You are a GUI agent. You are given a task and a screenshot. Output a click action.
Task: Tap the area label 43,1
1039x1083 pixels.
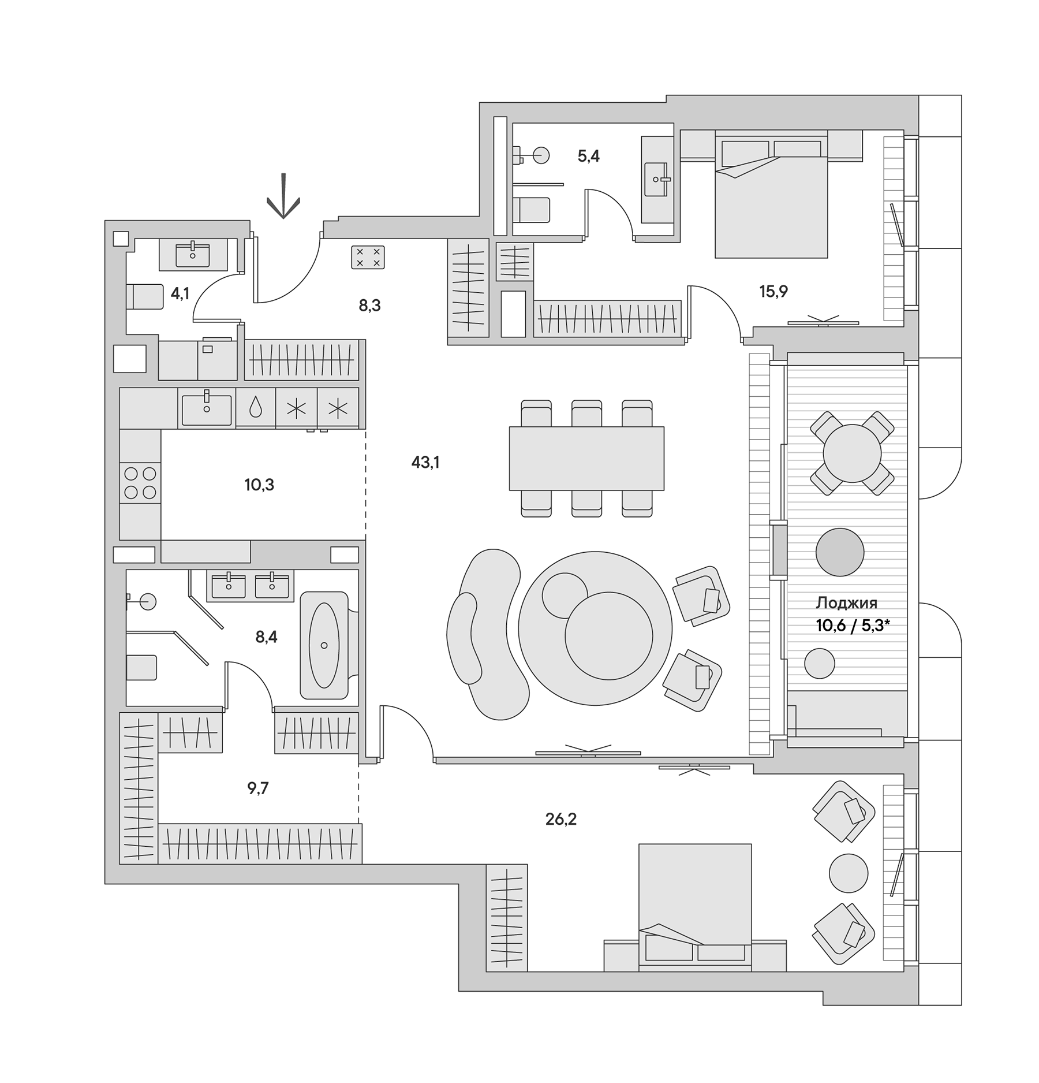[x=425, y=462]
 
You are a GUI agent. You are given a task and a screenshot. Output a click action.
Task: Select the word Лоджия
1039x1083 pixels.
[x=846, y=603]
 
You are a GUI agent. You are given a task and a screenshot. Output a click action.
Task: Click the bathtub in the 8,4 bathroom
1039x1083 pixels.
[x=324, y=645]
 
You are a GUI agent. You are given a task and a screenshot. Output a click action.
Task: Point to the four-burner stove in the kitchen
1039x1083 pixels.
[x=140, y=483]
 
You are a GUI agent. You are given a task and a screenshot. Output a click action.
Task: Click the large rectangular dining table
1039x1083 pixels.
[x=586, y=458]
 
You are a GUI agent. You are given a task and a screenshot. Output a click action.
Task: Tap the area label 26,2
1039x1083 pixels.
[x=561, y=819]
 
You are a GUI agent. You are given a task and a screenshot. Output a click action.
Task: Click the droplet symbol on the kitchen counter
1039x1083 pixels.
[x=255, y=408]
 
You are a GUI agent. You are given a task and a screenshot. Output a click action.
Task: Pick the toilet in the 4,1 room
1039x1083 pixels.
[x=144, y=297]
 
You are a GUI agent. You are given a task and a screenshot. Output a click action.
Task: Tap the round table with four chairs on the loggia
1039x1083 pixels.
[x=852, y=453]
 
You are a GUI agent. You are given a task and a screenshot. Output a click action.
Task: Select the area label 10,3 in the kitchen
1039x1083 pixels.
[x=259, y=485]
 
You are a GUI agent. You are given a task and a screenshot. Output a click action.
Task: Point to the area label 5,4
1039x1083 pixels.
[x=588, y=156]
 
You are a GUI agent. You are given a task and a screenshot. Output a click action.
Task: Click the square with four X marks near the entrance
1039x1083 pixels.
[x=368, y=257]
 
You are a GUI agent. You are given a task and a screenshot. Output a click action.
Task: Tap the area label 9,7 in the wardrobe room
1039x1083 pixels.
[x=258, y=788]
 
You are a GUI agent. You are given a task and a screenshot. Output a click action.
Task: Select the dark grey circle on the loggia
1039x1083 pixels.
[x=839, y=552]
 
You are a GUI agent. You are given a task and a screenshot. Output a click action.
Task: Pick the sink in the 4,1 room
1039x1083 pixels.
[x=193, y=254]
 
